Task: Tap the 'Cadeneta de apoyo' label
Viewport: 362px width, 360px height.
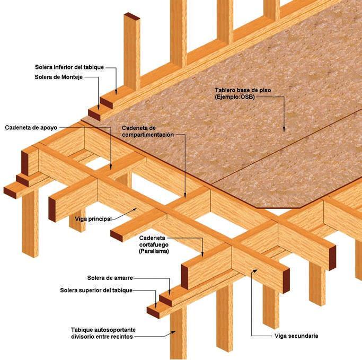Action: [31, 128]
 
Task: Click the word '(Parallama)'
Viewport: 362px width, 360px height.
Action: [154, 251]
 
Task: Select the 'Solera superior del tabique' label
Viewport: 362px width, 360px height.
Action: [96, 290]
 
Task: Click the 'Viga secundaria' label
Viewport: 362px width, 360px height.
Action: [296, 336]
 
